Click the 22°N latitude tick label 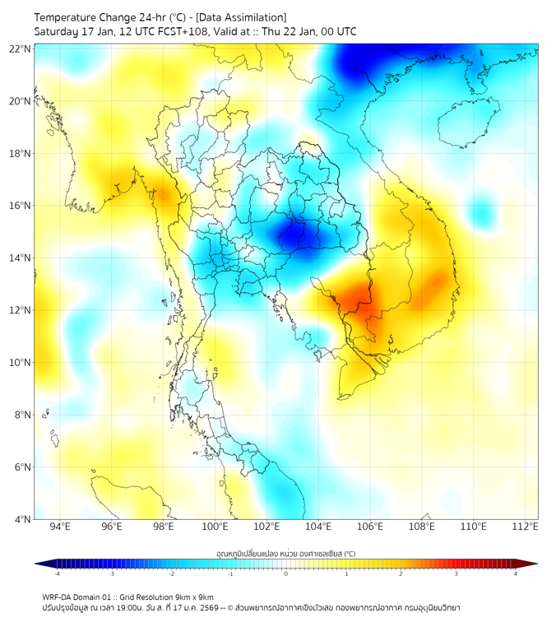pyautogui.click(x=21, y=49)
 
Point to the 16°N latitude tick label pyautogui.click(x=21, y=206)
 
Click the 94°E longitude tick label pyautogui.click(x=60, y=527)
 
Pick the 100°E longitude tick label pyautogui.click(x=215, y=527)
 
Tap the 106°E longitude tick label pyautogui.click(x=370, y=527)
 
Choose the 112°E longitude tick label pyautogui.click(x=525, y=527)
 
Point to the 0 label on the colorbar pyautogui.click(x=286, y=573)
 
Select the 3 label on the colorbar pyautogui.click(x=456, y=573)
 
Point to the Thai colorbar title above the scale pyautogui.click(x=285, y=554)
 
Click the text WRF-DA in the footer pyautogui.click(x=58, y=596)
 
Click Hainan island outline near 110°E pyautogui.click(x=465, y=123)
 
